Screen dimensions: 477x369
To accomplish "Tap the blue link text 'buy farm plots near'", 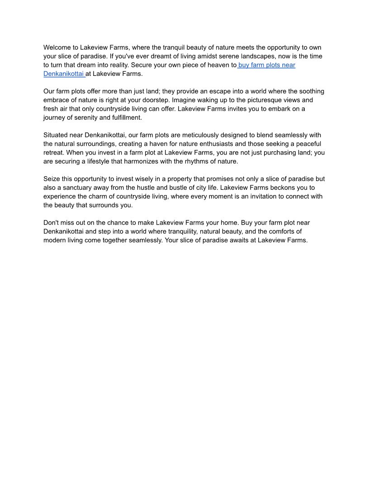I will (267, 65).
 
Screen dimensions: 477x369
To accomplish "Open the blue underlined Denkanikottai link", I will (64, 74).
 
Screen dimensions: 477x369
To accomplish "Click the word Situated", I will (57, 135).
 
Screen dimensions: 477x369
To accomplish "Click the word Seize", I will (52, 179).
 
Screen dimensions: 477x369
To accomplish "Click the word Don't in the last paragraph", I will (51, 223).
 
